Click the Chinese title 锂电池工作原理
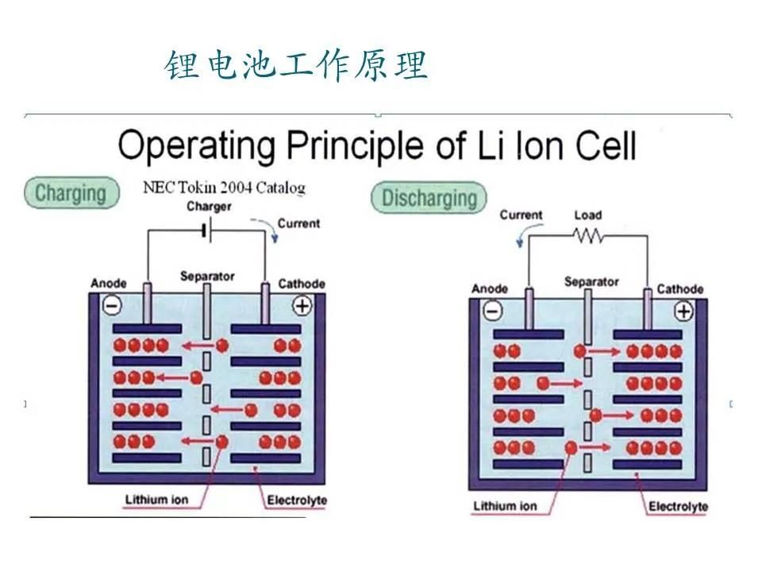tap(296, 65)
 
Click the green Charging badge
tap(71, 193)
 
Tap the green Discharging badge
tap(429, 198)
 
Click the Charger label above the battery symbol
tap(209, 207)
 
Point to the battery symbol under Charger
tap(205, 230)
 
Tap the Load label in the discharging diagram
tap(587, 215)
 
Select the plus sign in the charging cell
tap(302, 305)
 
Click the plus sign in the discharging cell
tap(683, 311)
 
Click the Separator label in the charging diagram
tap(207, 276)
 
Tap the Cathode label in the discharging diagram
tap(679, 289)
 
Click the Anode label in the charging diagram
tap(109, 284)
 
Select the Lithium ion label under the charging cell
tap(157, 500)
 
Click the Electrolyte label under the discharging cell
tap(678, 506)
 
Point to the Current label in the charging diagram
tap(298, 223)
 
